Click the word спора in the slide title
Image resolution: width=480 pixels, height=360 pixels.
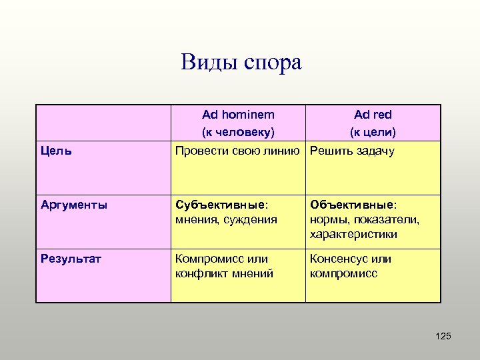coord(271,64)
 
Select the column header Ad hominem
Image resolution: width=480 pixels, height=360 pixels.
coord(238,115)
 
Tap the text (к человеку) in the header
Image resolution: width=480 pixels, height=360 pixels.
coord(238,131)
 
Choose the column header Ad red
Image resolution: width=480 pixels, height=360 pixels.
coord(373,115)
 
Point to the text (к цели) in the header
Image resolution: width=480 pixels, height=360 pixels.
coord(373,131)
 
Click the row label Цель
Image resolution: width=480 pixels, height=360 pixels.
coord(57,151)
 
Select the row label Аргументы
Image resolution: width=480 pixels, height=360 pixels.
coord(74,205)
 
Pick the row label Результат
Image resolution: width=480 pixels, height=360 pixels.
coord(71,259)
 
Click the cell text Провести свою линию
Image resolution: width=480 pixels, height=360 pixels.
coord(236,151)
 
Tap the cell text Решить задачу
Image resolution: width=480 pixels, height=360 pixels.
coord(352,151)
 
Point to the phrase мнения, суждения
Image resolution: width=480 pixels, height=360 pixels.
coord(225,219)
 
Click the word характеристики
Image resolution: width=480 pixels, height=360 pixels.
coord(353,234)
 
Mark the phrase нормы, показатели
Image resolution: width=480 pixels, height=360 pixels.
coord(364,219)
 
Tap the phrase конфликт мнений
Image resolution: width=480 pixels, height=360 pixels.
coord(223,273)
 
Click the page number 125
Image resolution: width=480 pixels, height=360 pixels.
coord(443,336)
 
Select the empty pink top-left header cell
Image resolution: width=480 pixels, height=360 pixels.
coord(103,122)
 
